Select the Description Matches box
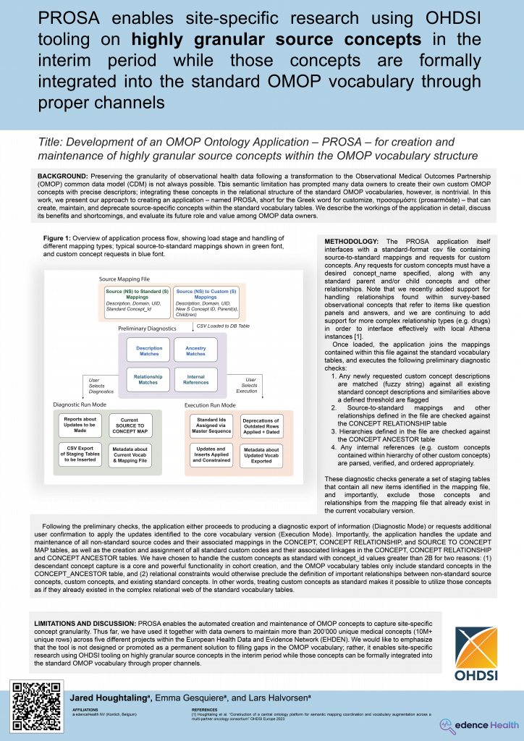tap(148, 351)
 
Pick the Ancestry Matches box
tap(195, 351)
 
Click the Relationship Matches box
tap(148, 379)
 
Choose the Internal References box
tap(195, 379)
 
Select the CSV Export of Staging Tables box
tap(80, 454)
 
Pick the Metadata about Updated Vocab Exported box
tap(261, 454)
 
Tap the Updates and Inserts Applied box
tap(210, 454)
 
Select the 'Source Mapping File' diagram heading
tap(124, 278)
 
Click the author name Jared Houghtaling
tap(103, 696)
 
